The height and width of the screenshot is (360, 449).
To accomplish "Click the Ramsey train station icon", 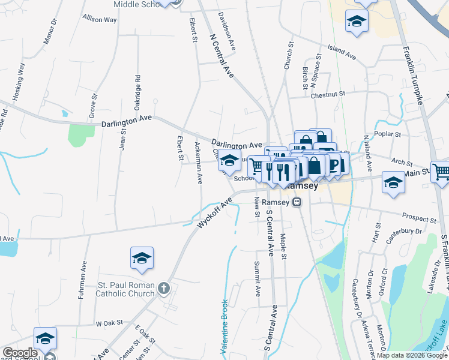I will (x=297, y=203).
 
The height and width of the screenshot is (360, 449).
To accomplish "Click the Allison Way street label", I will (x=100, y=19).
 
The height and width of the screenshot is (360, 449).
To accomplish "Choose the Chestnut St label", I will (x=328, y=94).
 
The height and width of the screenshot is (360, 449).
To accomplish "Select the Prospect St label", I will (x=419, y=218).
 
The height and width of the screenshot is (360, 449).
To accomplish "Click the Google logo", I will (x=20, y=353).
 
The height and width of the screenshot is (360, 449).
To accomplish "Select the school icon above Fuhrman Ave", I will (x=142, y=258).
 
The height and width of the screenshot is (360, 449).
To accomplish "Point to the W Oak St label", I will (x=109, y=323).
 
